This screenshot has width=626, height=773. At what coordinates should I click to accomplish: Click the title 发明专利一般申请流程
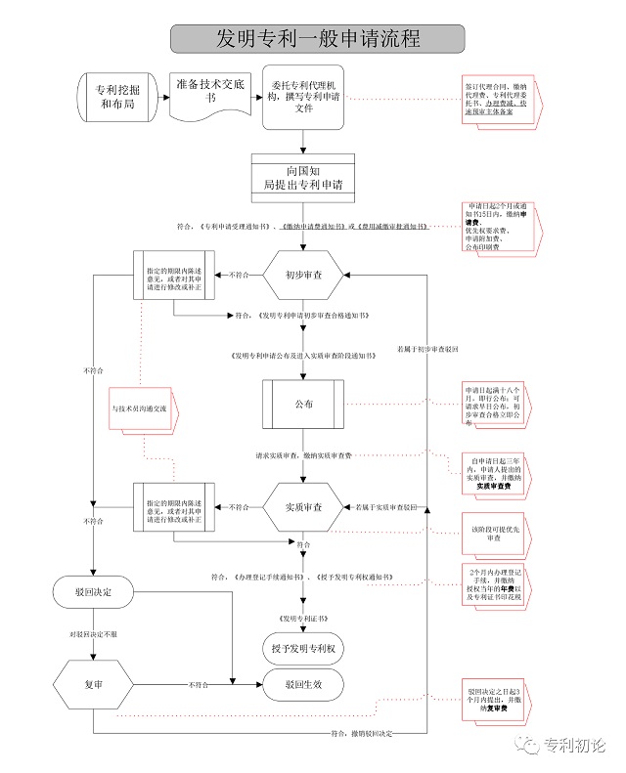[x=312, y=38]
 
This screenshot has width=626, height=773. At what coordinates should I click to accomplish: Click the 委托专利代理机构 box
[x=303, y=96]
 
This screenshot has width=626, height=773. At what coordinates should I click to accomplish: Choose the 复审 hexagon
[x=93, y=683]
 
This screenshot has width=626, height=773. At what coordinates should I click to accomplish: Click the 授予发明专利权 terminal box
[x=303, y=649]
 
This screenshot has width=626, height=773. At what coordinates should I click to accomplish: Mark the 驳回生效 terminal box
[x=303, y=685]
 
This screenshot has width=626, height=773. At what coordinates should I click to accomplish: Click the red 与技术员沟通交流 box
[x=139, y=408]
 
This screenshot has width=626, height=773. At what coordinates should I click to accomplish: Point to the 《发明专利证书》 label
[x=303, y=619]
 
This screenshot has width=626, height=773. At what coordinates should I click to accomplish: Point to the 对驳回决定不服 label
[x=93, y=635]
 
